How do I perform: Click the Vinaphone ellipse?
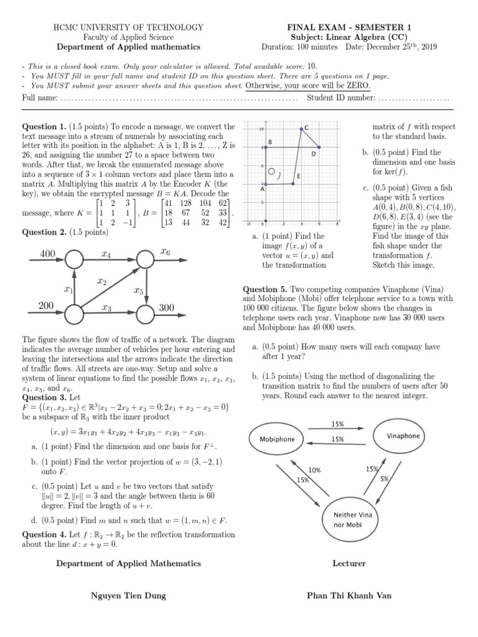click(403, 435)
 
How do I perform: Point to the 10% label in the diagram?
click(314, 470)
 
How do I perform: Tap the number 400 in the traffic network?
click(48, 253)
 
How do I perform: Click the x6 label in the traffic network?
click(166, 251)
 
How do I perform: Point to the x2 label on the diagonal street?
click(101, 281)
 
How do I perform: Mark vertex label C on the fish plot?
click(306, 128)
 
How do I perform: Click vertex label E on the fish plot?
click(299, 176)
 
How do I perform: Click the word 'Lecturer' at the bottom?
click(349, 564)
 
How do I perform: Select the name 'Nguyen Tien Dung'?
click(128, 595)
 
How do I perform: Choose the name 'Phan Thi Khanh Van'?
click(349, 595)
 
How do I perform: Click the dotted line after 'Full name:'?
click(180, 98)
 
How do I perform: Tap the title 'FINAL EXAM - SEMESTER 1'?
click(349, 27)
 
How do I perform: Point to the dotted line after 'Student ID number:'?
click(413, 98)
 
